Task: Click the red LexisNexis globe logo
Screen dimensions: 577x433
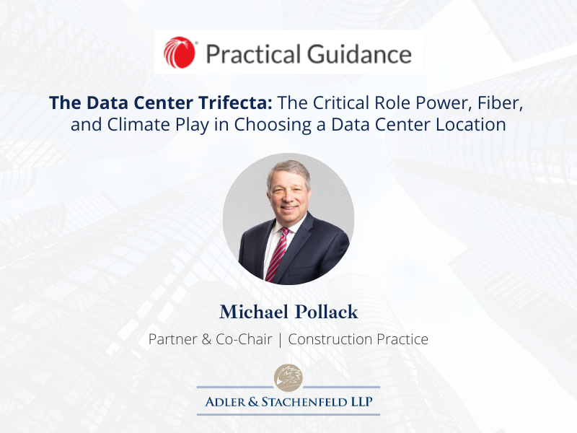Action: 179,52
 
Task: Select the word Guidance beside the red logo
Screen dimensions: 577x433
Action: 359,53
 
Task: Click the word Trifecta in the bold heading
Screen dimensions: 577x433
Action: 236,102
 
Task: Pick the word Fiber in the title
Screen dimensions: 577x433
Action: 500,103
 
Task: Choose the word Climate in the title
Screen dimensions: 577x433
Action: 139,124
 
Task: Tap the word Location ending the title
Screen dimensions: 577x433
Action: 471,124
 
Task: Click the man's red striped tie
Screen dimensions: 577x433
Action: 276,255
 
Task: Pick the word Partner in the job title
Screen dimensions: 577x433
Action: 173,339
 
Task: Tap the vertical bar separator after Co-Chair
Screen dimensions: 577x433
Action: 280,340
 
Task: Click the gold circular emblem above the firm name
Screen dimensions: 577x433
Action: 288,377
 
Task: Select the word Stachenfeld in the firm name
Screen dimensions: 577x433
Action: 304,402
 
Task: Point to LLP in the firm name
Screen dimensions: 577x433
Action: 362,402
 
